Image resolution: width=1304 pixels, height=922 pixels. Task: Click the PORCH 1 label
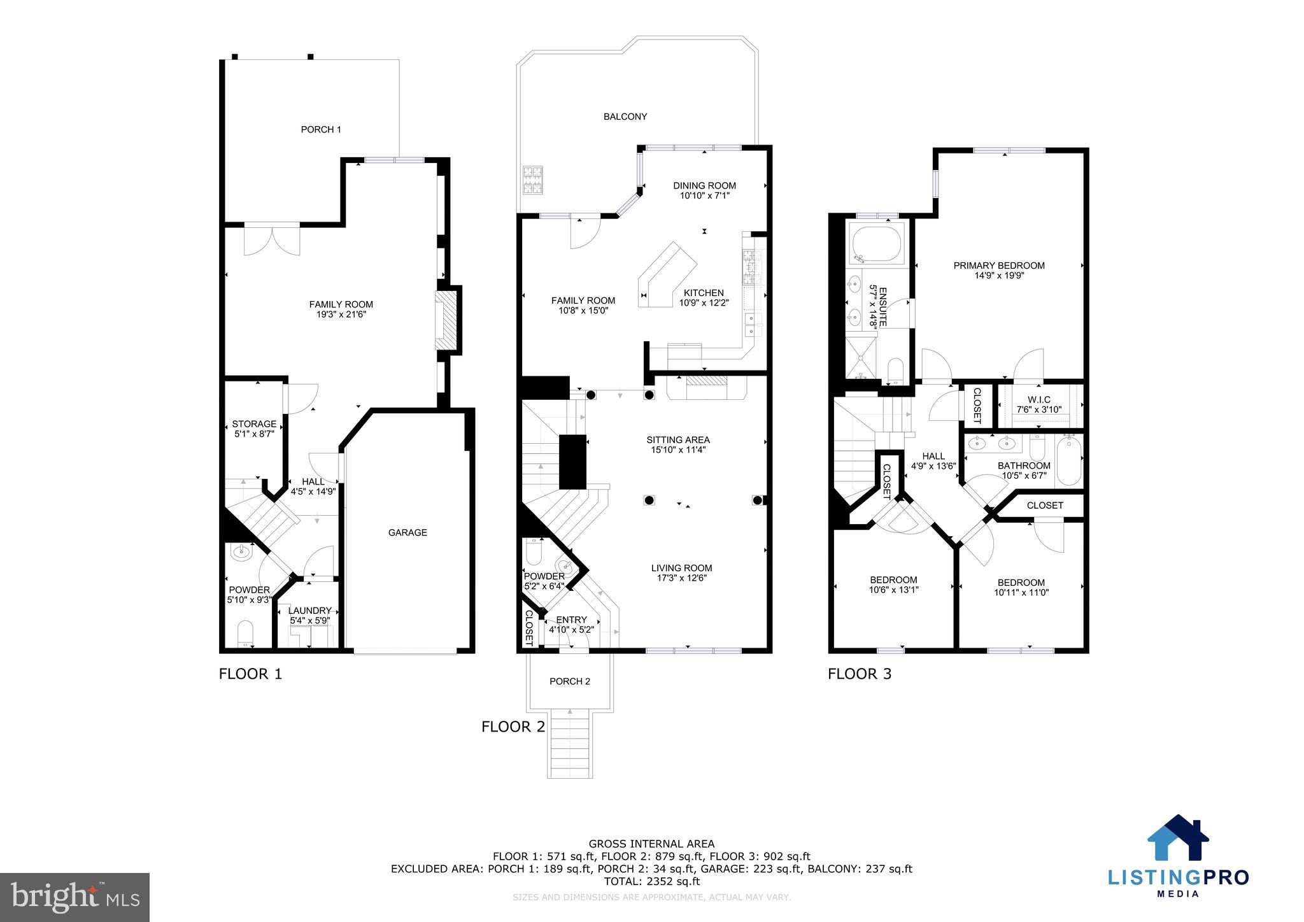pyautogui.click(x=321, y=129)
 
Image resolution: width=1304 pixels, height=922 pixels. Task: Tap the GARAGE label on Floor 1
pyautogui.click(x=407, y=532)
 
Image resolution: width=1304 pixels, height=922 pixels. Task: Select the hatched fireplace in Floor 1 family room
pyautogui.click(x=447, y=320)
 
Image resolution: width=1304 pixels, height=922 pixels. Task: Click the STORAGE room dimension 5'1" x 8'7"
pyautogui.click(x=254, y=434)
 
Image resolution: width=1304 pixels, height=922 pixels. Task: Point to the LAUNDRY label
pyautogui.click(x=309, y=610)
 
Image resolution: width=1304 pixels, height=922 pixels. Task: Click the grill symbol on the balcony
pyautogui.click(x=532, y=180)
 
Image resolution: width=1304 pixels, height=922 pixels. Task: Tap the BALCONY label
pyautogui.click(x=625, y=117)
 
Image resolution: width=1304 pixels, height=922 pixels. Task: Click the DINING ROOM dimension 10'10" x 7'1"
pyautogui.click(x=704, y=196)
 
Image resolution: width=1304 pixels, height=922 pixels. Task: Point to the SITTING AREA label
pyautogui.click(x=677, y=439)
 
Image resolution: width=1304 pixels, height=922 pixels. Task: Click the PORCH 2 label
pyautogui.click(x=570, y=681)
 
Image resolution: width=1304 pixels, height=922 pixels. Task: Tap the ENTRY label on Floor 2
pyautogui.click(x=571, y=620)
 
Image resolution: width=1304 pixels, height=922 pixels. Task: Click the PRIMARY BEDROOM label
pyautogui.click(x=998, y=266)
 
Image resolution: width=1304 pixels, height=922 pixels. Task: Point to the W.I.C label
pyautogui.click(x=1038, y=400)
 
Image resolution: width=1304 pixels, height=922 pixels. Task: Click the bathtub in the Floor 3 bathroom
pyautogui.click(x=1069, y=460)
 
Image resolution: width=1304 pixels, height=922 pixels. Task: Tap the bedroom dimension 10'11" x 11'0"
pyautogui.click(x=1021, y=593)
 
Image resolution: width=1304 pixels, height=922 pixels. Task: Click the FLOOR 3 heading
pyautogui.click(x=859, y=674)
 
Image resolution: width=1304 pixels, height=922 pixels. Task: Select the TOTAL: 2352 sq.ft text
pyautogui.click(x=651, y=881)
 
